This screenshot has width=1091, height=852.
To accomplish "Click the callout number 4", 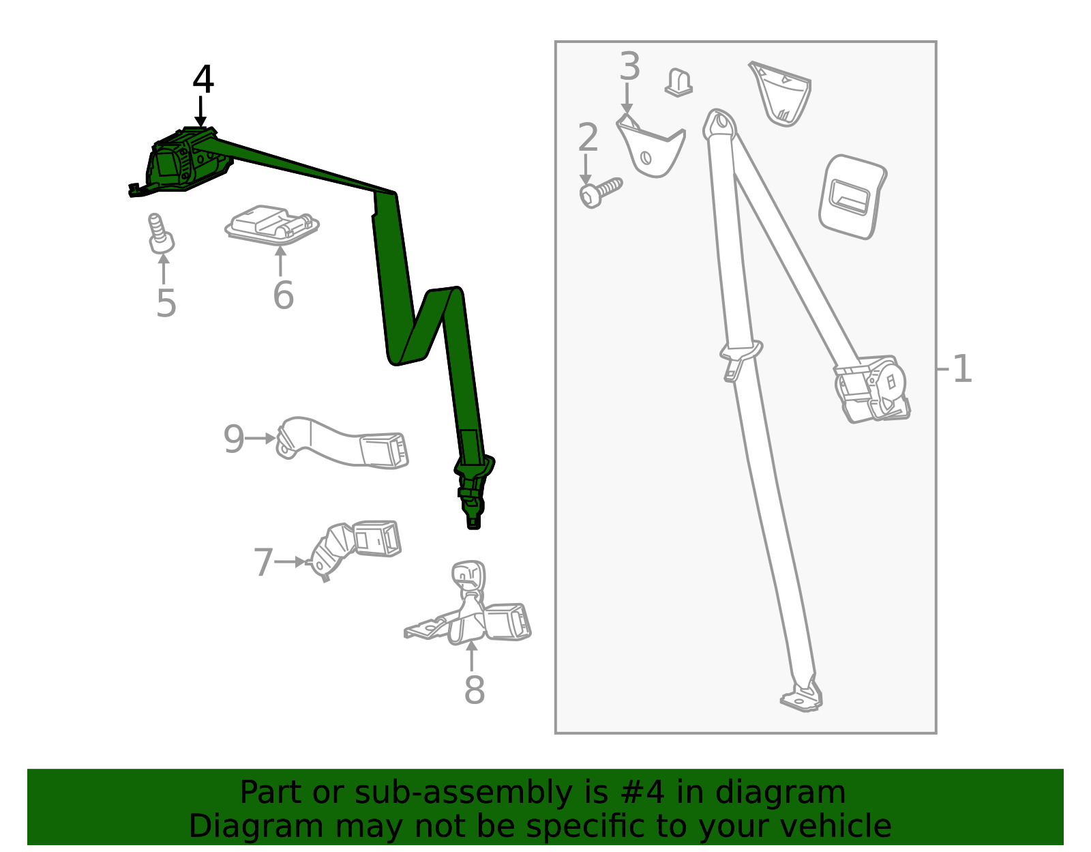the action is pyautogui.click(x=203, y=79).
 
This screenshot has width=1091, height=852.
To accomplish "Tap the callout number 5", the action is pyautogui.click(x=166, y=304).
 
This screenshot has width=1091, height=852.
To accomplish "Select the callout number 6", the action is pyautogui.click(x=283, y=295).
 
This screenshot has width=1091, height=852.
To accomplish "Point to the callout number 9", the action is pyautogui.click(x=233, y=439).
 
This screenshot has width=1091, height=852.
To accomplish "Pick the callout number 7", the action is pyautogui.click(x=264, y=562).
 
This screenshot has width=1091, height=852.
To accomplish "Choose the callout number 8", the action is pyautogui.click(x=475, y=690).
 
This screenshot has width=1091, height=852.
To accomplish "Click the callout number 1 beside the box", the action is pyautogui.click(x=962, y=369).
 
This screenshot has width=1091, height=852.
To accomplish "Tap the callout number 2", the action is pyautogui.click(x=588, y=136).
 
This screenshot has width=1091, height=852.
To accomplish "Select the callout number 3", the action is pyautogui.click(x=629, y=65).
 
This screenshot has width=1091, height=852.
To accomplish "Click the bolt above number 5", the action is pyautogui.click(x=161, y=234).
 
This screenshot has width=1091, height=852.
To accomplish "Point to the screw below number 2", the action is pyautogui.click(x=601, y=192).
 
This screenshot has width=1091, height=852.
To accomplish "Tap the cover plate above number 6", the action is pyautogui.click(x=271, y=224).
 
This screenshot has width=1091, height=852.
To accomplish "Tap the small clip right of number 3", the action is pyautogui.click(x=678, y=83).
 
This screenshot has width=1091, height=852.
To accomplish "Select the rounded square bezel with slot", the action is pyautogui.click(x=852, y=197).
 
